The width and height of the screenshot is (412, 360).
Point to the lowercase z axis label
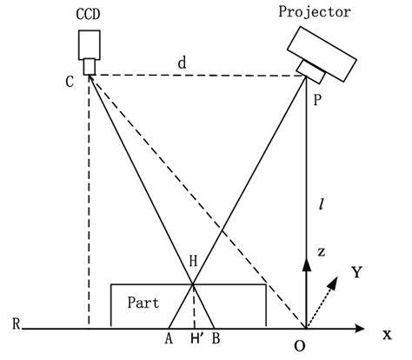coord(322,251)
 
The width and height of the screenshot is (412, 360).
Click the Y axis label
coord(356,273)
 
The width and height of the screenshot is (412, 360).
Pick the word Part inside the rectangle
coord(142,303)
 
